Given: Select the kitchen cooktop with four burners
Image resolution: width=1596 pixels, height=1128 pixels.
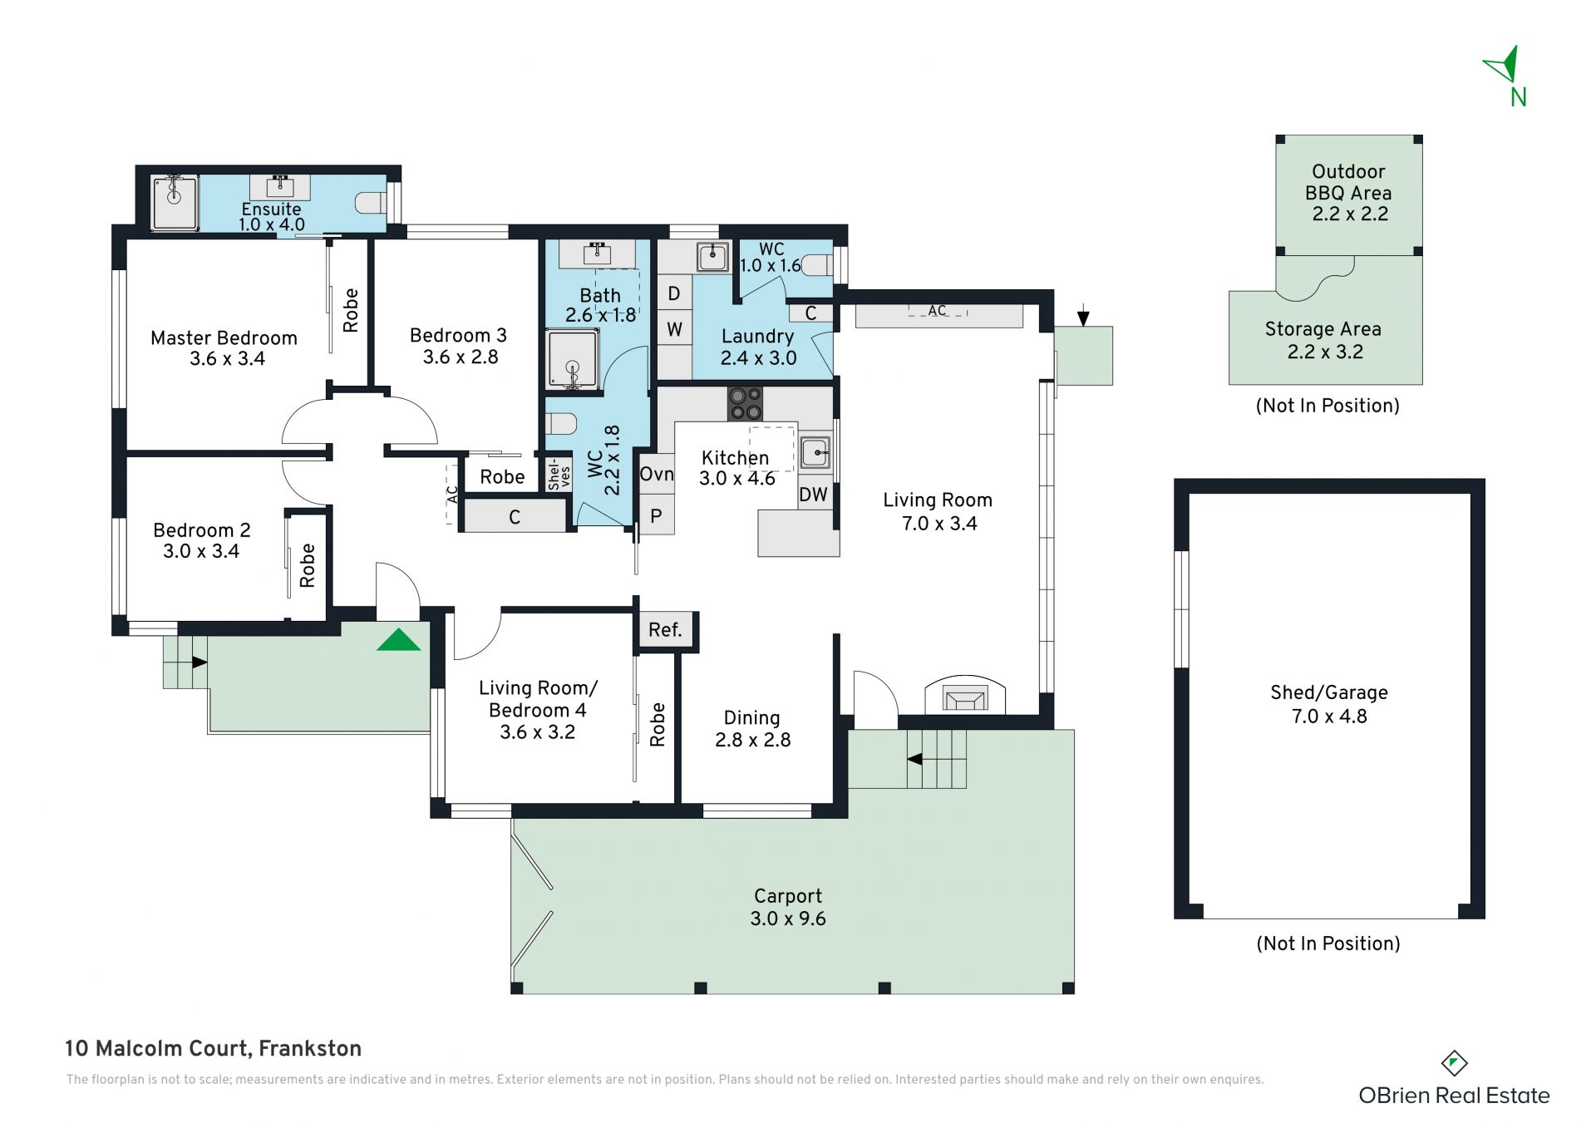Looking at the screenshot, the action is (745, 403).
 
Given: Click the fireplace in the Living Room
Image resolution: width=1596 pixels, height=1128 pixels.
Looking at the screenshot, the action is (964, 697).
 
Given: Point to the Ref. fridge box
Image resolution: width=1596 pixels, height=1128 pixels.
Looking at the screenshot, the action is (665, 630).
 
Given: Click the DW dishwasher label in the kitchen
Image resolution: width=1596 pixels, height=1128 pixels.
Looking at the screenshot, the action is (813, 495).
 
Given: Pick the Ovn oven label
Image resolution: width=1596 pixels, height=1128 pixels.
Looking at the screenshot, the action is (657, 474).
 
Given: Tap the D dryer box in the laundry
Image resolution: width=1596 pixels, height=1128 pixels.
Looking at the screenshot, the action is (674, 293).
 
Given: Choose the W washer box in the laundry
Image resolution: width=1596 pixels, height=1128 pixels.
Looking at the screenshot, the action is (674, 329).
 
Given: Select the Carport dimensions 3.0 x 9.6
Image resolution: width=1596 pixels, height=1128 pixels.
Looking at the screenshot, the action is (788, 919).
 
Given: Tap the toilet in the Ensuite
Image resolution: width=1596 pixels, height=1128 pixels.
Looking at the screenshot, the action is (371, 203).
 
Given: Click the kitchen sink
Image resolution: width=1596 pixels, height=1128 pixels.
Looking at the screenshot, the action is (815, 453).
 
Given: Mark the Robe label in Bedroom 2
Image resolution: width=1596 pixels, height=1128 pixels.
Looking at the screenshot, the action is (308, 565).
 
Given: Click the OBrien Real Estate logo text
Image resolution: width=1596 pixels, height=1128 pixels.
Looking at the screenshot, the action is (1454, 1096).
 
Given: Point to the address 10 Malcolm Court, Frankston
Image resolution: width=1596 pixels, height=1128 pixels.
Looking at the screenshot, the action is (213, 1048).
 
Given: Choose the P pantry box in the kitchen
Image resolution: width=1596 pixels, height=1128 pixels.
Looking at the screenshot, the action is (656, 516).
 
